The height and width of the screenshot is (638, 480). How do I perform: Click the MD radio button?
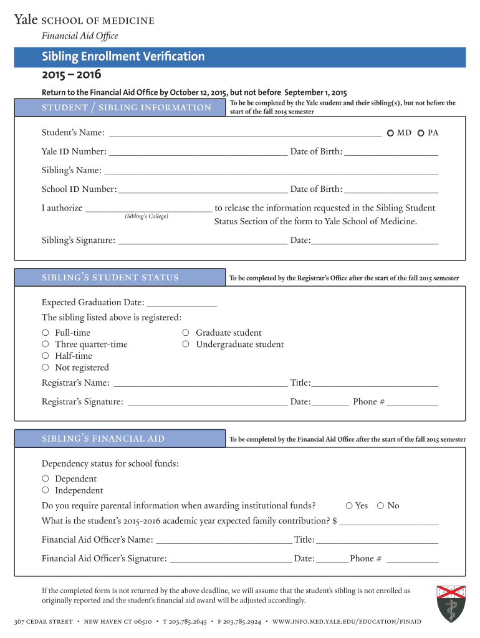pos(390,133)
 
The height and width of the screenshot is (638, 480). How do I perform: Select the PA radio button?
pos(421,133)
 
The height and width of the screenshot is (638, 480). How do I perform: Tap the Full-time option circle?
pos(46,333)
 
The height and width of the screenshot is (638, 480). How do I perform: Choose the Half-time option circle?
pos(46,356)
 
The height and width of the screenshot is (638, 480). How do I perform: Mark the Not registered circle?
pos(46,368)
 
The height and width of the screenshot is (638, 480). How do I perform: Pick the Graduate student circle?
pos(186,333)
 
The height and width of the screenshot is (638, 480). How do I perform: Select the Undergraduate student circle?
pos(186,345)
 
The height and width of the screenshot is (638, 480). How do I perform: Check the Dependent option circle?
pos(46,478)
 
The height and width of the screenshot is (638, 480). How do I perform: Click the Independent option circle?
pos(46,490)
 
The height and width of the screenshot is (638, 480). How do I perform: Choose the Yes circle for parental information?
pos(350,505)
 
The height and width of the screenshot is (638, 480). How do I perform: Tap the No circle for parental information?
pos(381,505)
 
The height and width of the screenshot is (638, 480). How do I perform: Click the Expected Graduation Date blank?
pos(182,303)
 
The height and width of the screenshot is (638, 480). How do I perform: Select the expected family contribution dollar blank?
pos(389,521)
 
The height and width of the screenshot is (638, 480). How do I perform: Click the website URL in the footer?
pos(347,622)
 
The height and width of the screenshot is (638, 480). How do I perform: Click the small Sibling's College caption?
pos(146,216)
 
